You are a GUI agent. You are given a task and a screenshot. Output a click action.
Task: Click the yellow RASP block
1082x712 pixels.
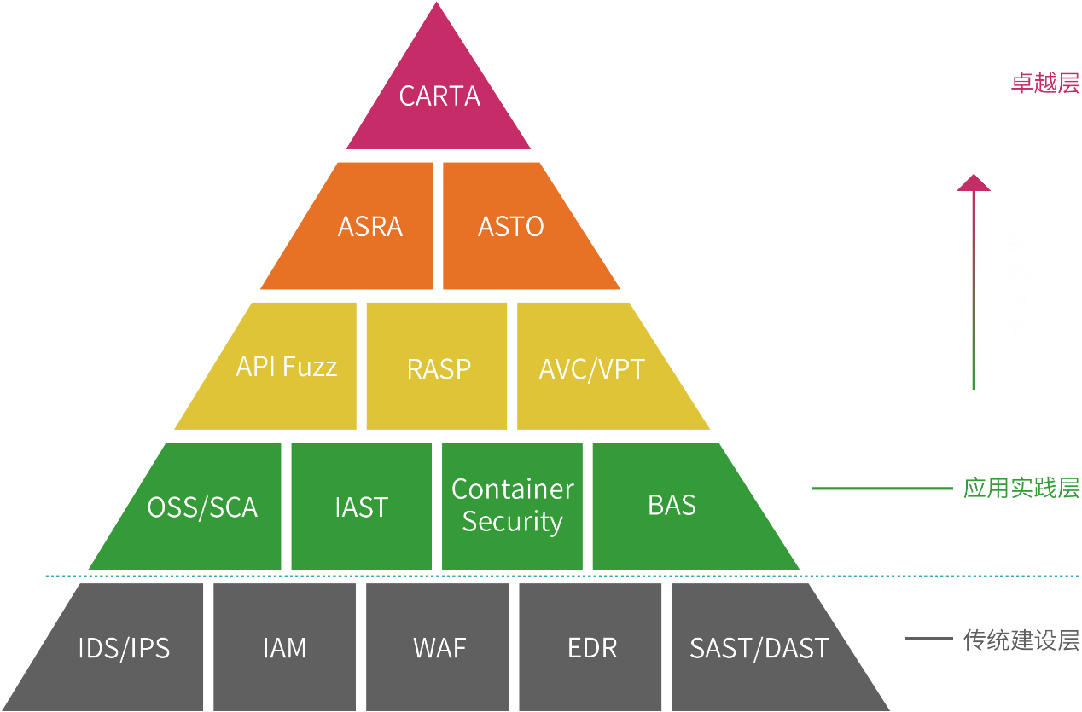coord(437,366)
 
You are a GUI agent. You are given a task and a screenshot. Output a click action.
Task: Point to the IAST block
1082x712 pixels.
coord(361,507)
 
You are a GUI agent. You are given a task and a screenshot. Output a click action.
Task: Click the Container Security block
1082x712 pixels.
coord(512,507)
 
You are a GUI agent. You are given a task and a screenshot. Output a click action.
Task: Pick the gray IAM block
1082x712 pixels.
coord(284,647)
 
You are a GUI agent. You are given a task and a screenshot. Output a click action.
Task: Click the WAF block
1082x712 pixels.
coord(437,647)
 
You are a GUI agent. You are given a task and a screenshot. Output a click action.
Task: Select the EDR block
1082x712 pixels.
coord(590,647)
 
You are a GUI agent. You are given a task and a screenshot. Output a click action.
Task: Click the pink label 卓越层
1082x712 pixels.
coord(1045,83)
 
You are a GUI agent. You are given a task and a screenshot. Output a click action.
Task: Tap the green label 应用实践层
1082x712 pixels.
coord(1021,488)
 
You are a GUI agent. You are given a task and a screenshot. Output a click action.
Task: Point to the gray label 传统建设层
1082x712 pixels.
coord(1021,640)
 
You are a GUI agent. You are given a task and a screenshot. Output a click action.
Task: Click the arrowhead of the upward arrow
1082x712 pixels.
coord(974,182)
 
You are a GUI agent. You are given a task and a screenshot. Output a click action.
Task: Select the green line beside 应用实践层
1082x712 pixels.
coord(882,489)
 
